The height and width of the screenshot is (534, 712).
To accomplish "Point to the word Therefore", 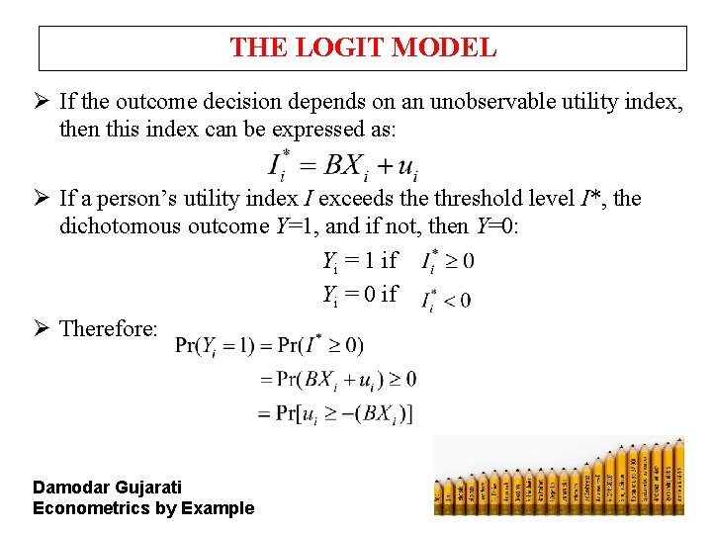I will pyautogui.click(x=109, y=328).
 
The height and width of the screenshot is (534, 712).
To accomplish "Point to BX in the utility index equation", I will pyautogui.click(x=344, y=165).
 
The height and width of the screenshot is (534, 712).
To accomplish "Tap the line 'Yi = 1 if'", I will pyautogui.click(x=360, y=261).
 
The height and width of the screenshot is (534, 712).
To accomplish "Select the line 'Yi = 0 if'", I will pyautogui.click(x=360, y=294).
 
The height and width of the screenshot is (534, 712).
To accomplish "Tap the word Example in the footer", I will pyautogui.click(x=221, y=508).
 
